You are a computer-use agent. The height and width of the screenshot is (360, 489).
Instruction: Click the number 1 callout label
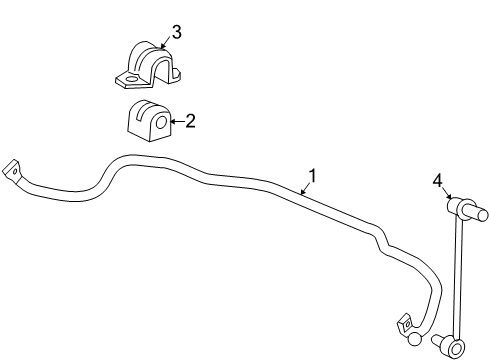[312, 176]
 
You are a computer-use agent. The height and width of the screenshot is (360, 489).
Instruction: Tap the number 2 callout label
[189, 120]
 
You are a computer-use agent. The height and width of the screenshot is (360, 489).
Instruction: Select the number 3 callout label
[176, 32]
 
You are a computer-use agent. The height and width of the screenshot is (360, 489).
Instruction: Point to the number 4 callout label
[436, 181]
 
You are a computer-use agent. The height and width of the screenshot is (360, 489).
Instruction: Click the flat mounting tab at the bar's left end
[13, 170]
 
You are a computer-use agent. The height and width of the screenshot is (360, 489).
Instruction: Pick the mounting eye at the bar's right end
[405, 323]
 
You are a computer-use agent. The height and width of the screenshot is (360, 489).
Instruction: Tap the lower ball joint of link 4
[457, 347]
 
